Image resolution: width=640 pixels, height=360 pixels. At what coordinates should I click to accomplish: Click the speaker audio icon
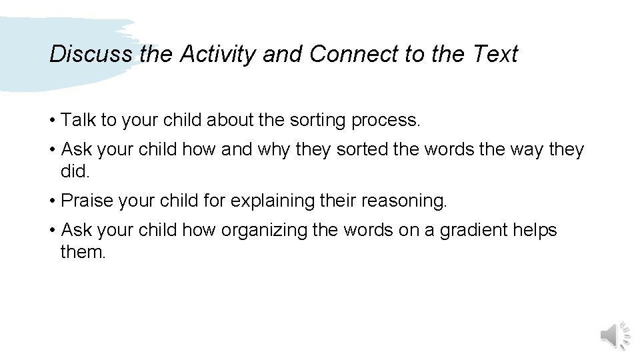point(615,334)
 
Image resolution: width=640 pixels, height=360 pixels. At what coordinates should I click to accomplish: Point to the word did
point(73,172)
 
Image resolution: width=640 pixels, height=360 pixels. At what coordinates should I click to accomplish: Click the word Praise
point(86,201)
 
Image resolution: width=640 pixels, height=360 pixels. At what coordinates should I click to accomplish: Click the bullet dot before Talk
point(52,121)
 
